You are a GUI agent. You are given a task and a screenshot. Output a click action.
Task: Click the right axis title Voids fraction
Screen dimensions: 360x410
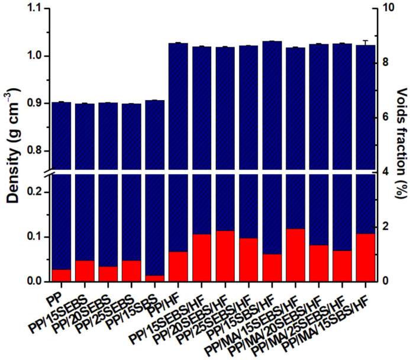click(x=400, y=142)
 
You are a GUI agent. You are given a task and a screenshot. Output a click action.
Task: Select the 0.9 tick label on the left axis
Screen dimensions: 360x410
click(x=32, y=103)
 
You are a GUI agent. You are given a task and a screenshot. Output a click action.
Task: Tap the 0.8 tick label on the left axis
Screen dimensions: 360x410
click(x=32, y=150)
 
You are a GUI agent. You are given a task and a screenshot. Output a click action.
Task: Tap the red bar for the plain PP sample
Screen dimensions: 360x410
click(x=62, y=275)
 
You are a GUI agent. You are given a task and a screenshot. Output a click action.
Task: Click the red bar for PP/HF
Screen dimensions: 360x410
click(x=179, y=266)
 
